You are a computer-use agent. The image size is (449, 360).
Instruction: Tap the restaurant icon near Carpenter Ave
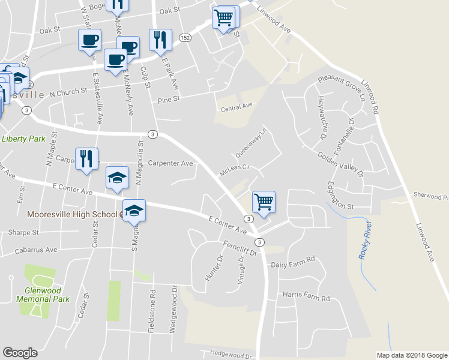click(86, 158)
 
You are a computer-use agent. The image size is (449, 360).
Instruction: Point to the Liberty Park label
click(23, 139)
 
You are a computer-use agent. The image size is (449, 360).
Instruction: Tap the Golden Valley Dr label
click(340, 164)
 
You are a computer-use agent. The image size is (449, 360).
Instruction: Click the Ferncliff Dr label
click(240, 248)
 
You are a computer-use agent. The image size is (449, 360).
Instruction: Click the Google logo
click(20, 353)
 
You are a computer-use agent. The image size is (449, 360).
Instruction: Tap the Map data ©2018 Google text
click(411, 355)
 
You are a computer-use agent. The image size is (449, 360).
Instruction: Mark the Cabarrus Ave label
click(32, 250)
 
